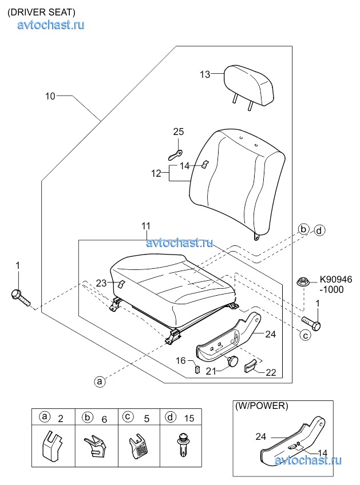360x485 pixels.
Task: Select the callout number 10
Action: (x=50, y=96)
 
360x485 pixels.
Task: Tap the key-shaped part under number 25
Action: (x=175, y=154)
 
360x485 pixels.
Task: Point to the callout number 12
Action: (x=156, y=173)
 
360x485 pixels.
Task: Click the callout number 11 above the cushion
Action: (x=146, y=226)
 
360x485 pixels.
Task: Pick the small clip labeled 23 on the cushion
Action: (x=121, y=284)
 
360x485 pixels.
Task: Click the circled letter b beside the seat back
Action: (x=303, y=229)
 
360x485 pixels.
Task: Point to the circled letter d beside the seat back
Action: (x=319, y=230)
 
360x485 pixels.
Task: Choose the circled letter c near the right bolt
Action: (x=306, y=335)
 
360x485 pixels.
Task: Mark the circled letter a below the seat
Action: (x=100, y=381)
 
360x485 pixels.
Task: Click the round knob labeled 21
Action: (x=233, y=361)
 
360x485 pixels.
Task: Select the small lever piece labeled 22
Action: (x=250, y=367)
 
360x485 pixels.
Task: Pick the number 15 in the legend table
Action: (x=189, y=418)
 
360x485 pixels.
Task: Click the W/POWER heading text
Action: (x=262, y=406)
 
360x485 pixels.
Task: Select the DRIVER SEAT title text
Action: (x=41, y=12)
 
